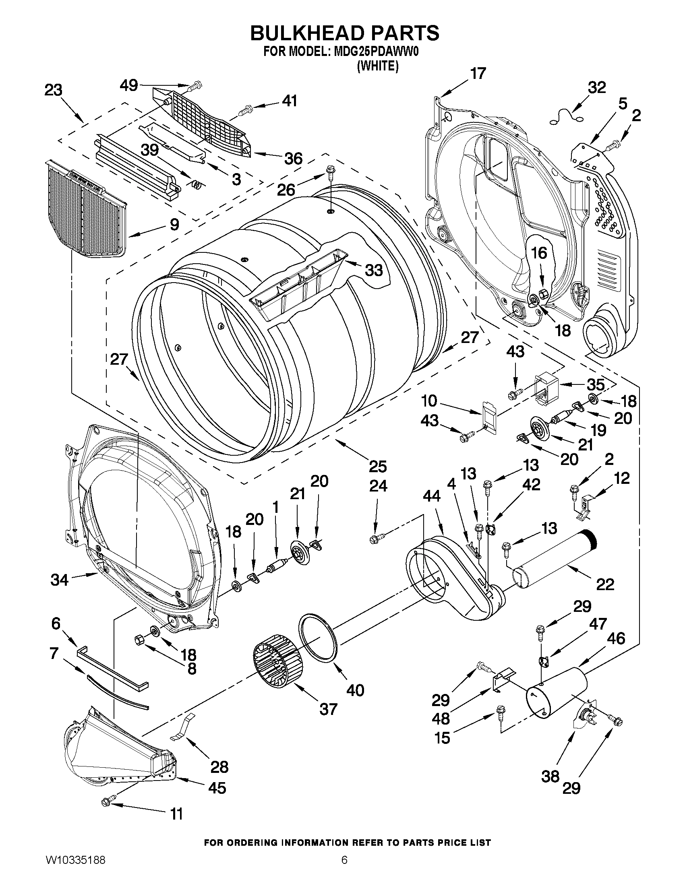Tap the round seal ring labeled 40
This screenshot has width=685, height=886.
[319, 638]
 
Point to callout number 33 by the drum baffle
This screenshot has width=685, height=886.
[373, 270]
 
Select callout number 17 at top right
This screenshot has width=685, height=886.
[478, 74]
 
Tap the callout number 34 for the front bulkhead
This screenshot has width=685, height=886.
[59, 580]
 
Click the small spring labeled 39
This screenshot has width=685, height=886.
[197, 185]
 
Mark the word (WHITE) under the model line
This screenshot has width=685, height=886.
[377, 66]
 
